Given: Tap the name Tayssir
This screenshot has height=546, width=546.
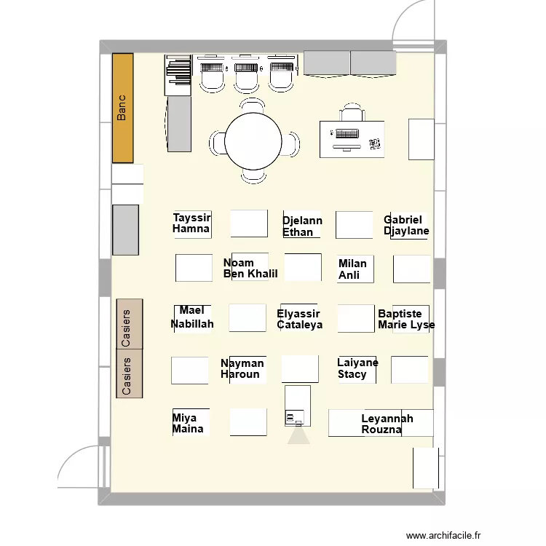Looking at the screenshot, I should coord(191,218).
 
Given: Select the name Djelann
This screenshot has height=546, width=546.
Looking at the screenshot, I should coord(302,221).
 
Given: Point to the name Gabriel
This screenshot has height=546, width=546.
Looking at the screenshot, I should coord(403,220).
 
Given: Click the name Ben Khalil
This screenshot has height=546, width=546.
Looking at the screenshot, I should coord(250,274).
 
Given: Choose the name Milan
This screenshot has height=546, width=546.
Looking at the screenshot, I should coord(352,264).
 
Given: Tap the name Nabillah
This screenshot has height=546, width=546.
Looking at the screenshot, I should coord(192,324).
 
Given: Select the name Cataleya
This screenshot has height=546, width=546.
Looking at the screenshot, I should coord(299,325).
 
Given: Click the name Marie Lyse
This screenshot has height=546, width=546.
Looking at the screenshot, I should coord(405,325).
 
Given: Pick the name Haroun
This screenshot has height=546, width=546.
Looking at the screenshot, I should coord(240,374).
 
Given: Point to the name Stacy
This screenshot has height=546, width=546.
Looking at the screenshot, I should coord(352,374).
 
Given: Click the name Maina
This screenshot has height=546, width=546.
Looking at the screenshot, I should coord(188,430).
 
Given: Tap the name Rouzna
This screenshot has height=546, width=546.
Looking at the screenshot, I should coord(381,430).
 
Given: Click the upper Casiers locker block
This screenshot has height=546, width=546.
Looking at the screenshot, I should coord(130,324).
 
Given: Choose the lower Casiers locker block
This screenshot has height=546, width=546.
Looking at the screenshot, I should coord(130,374).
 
